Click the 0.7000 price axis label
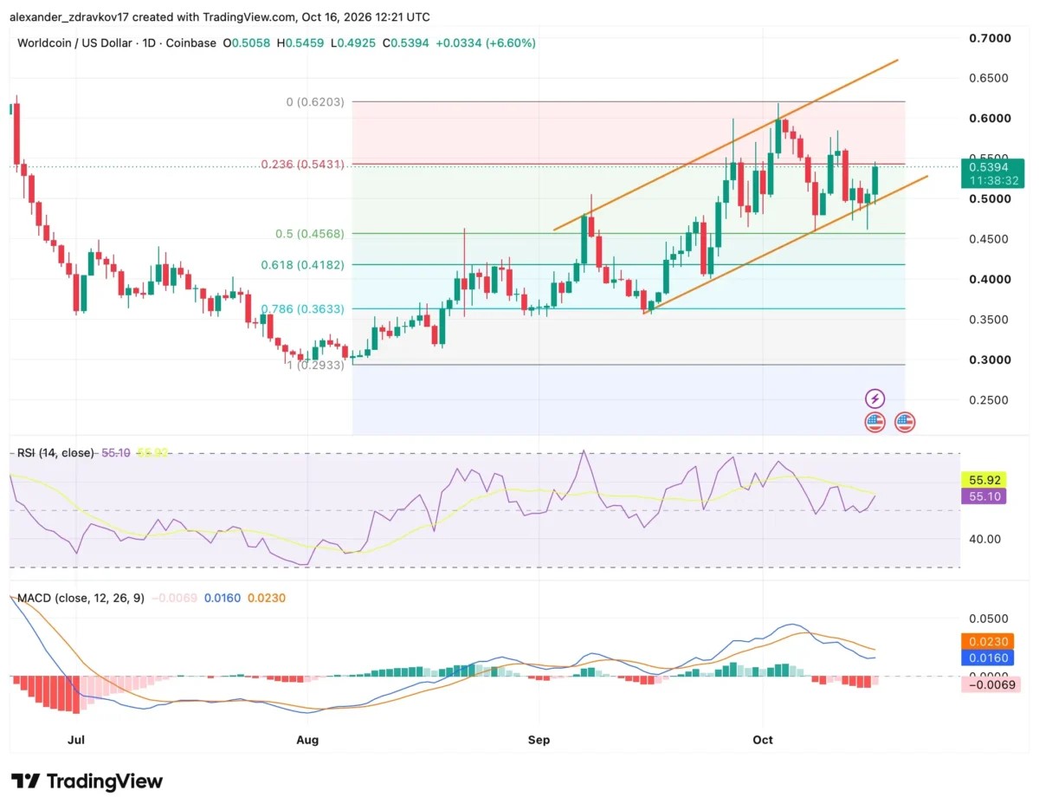pos(990,38)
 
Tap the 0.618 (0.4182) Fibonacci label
pos(302,264)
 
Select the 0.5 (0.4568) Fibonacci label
pos(309,234)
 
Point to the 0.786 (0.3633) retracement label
pos(302,308)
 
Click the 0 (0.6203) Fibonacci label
pos(315,102)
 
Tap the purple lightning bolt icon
pos(874,398)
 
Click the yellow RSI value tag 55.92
pos(984,480)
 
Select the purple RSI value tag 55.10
pos(984,496)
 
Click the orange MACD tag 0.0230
pos(988,641)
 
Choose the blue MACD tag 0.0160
pos(988,658)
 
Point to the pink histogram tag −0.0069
pos(991,684)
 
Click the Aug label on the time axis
pos(307,740)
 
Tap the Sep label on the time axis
pos(539,740)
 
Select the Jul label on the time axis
pos(76,740)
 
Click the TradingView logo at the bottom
pos(87,781)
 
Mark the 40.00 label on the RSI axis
pos(984,539)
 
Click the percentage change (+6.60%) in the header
pos(510,43)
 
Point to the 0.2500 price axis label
pos(988,400)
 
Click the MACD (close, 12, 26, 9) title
pos(81,598)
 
